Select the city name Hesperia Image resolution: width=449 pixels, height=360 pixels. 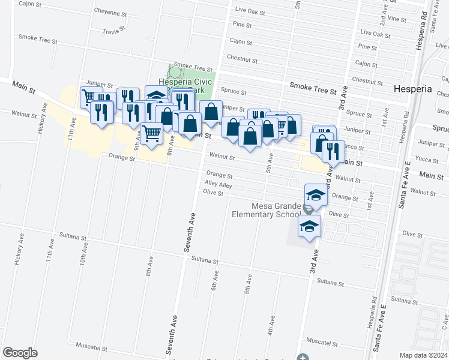coord(412,88)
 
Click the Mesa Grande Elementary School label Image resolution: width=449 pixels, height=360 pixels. coord(268,210)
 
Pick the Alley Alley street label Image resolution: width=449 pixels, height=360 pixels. coord(218,185)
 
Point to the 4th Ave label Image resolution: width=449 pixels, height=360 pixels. coord(271,326)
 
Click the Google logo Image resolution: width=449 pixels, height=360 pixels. coord(20,353)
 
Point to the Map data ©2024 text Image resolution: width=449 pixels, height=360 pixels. coord(423,355)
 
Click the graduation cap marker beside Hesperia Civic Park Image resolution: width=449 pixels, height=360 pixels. coord(156,97)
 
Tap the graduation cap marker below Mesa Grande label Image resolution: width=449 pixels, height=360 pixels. coord(310,227)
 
